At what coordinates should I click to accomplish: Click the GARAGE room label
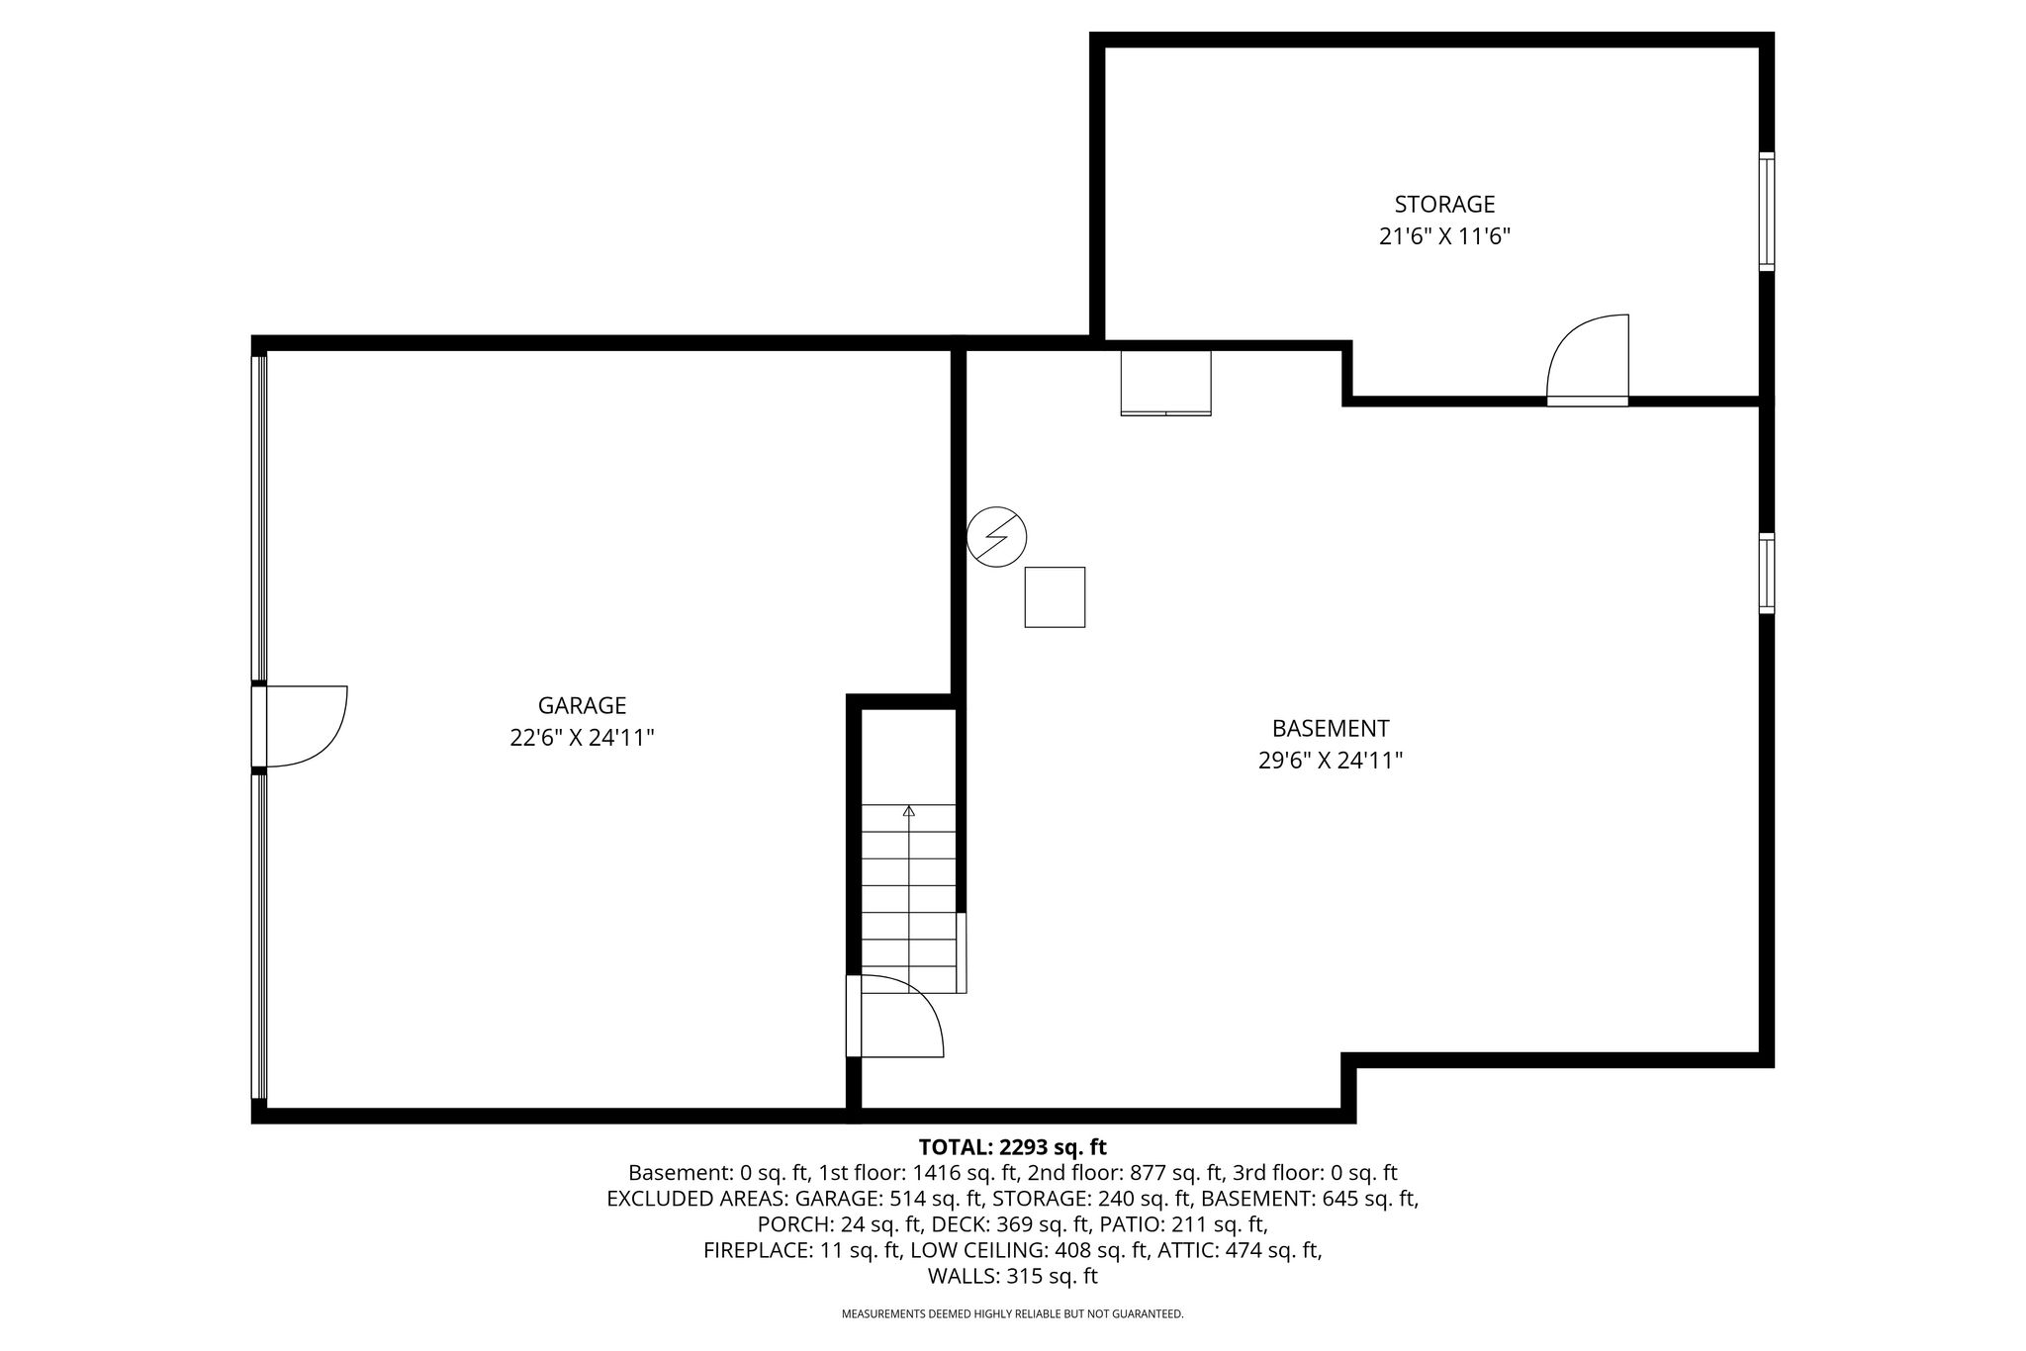point(582,705)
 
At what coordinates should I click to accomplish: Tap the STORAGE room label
point(1444,204)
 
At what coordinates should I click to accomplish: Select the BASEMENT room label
point(1331,728)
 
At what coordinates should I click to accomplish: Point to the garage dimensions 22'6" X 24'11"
point(582,738)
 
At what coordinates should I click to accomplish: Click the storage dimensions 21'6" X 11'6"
point(1444,236)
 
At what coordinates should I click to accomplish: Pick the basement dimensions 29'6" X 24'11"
point(1331,761)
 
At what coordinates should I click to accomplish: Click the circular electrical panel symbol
point(996,537)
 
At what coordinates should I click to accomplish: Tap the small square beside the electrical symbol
point(1055,596)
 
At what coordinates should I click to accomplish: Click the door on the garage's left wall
point(301,726)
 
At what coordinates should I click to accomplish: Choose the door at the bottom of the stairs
point(895,1016)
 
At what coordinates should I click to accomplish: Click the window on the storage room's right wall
point(1766,211)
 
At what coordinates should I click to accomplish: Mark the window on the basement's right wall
point(1766,573)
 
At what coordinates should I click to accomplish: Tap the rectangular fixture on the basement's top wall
point(1165,383)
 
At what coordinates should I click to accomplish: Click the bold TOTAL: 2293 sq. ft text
point(1012,1147)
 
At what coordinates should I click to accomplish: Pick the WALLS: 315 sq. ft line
point(1012,1276)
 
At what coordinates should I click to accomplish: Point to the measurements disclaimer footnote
point(1012,1314)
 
